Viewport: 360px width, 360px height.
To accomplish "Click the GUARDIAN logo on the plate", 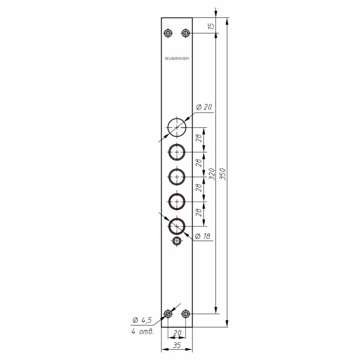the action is click(x=177, y=58).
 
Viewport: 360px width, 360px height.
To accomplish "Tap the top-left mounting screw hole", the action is click(x=168, y=33).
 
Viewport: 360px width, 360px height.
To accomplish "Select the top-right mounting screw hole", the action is click(x=185, y=33).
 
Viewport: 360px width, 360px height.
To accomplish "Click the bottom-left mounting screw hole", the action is click(x=168, y=313).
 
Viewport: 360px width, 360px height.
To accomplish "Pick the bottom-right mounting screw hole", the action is click(x=185, y=313).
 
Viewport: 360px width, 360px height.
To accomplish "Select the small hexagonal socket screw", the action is click(x=177, y=241).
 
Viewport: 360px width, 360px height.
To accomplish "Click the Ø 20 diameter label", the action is click(x=204, y=107).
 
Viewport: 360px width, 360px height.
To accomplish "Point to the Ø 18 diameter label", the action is click(x=202, y=236).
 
